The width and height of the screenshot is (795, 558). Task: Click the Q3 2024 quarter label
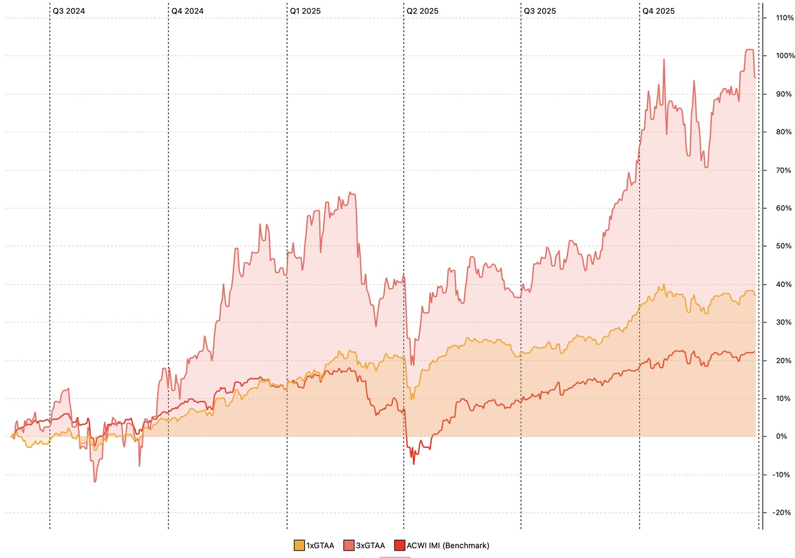tap(68, 11)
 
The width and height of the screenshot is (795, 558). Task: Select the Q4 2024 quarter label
tap(187, 11)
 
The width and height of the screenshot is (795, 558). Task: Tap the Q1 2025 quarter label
tap(306, 11)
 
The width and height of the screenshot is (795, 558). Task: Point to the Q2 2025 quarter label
tap(422, 11)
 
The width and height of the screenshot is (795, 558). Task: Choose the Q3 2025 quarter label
tap(540, 11)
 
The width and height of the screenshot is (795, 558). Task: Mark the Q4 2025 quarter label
tap(658, 11)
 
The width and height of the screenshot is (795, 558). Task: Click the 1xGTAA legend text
tap(320, 546)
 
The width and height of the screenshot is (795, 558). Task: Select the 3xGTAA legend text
tap(370, 546)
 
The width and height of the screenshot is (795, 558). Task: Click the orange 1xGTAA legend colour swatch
tap(299, 546)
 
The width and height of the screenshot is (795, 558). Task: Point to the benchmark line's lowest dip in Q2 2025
tap(414, 464)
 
